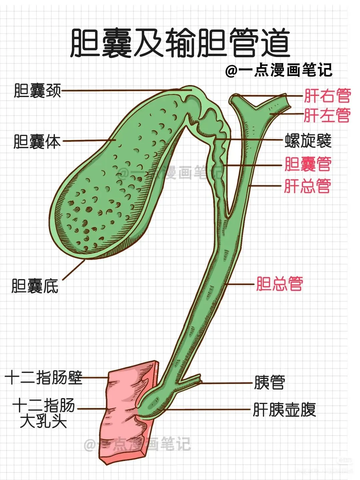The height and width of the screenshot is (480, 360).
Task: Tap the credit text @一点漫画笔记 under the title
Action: point(279,70)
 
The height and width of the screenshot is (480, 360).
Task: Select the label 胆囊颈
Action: point(37,90)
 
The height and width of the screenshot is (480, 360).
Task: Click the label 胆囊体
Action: point(37,141)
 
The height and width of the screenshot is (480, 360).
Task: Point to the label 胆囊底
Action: point(35,286)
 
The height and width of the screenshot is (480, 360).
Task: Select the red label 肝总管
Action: point(307,186)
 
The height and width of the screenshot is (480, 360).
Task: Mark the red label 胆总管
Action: point(279,284)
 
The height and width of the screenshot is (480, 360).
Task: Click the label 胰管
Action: point(269,382)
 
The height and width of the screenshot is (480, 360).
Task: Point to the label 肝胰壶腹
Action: point(284,409)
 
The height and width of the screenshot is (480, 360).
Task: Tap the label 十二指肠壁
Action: point(43,378)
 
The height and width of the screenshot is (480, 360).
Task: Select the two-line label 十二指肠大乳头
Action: point(43,413)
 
